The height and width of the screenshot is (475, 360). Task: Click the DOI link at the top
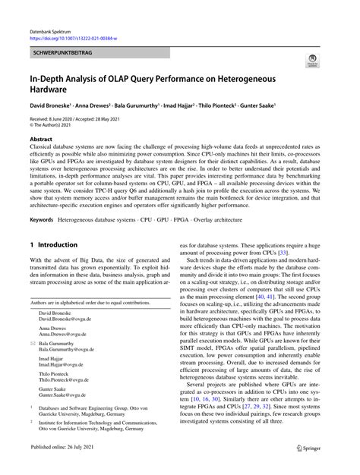[73, 36]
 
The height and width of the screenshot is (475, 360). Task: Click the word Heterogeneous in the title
[276, 77]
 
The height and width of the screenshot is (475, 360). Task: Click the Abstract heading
[41, 140]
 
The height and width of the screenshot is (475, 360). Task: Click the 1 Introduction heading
[53, 245]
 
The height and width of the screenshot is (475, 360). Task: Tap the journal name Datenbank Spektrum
[53, 28]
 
